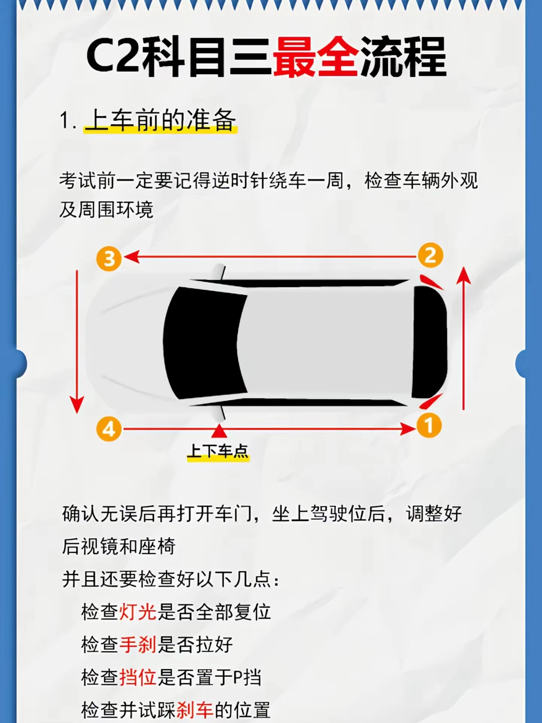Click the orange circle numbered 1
[429, 425]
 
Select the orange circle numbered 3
[109, 259]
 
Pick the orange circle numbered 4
[109, 429]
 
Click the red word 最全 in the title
[316, 58]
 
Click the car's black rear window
[430, 342]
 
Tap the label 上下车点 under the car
[218, 450]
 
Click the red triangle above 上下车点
[219, 431]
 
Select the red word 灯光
[138, 612]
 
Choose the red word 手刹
[138, 644]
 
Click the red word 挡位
[138, 677]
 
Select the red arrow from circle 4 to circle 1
[268, 429]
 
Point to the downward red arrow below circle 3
[77, 341]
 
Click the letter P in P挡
[237, 677]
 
